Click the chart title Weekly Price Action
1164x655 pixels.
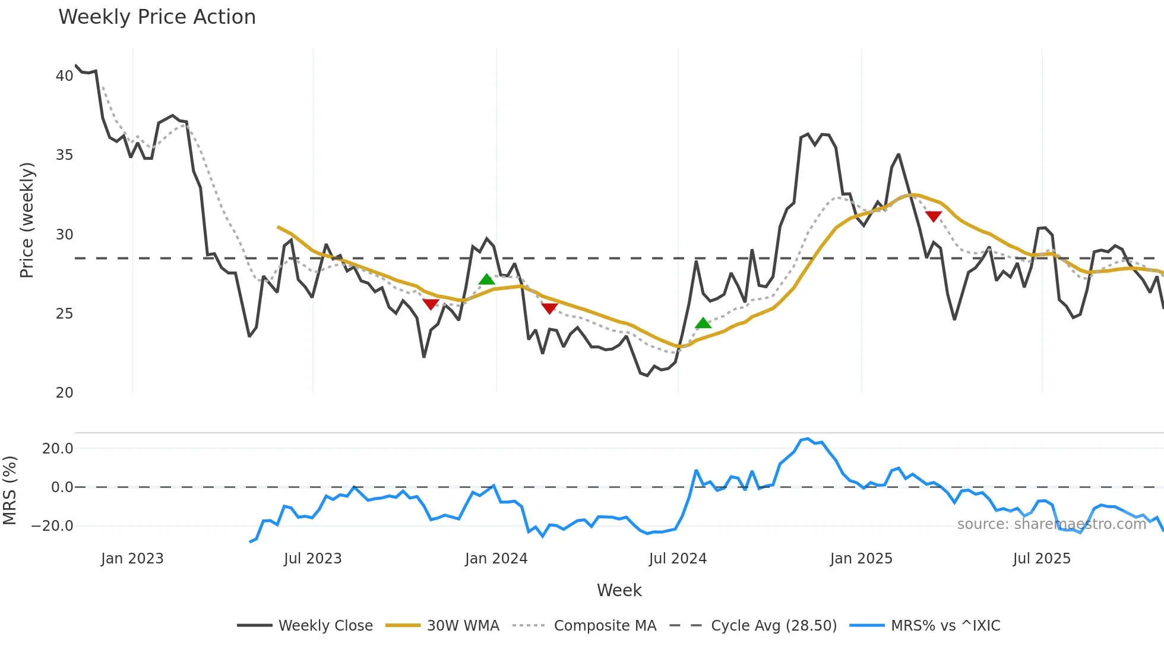(x=157, y=17)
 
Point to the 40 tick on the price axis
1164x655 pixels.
(x=64, y=76)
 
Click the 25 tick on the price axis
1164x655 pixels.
(x=64, y=314)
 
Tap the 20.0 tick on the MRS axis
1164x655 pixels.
(x=58, y=449)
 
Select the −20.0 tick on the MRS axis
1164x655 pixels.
(x=52, y=526)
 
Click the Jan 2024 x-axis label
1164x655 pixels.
(x=496, y=559)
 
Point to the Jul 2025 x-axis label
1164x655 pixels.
(x=1042, y=559)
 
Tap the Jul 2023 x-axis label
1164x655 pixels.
(x=312, y=559)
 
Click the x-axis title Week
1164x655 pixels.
(x=619, y=590)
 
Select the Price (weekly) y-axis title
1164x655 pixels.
(x=27, y=220)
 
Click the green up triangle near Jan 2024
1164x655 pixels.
(x=486, y=279)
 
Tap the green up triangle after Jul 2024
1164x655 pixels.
(x=703, y=323)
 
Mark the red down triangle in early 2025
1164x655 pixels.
(x=934, y=216)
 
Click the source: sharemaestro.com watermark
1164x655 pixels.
(x=1051, y=524)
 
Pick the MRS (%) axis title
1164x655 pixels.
(x=10, y=490)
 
